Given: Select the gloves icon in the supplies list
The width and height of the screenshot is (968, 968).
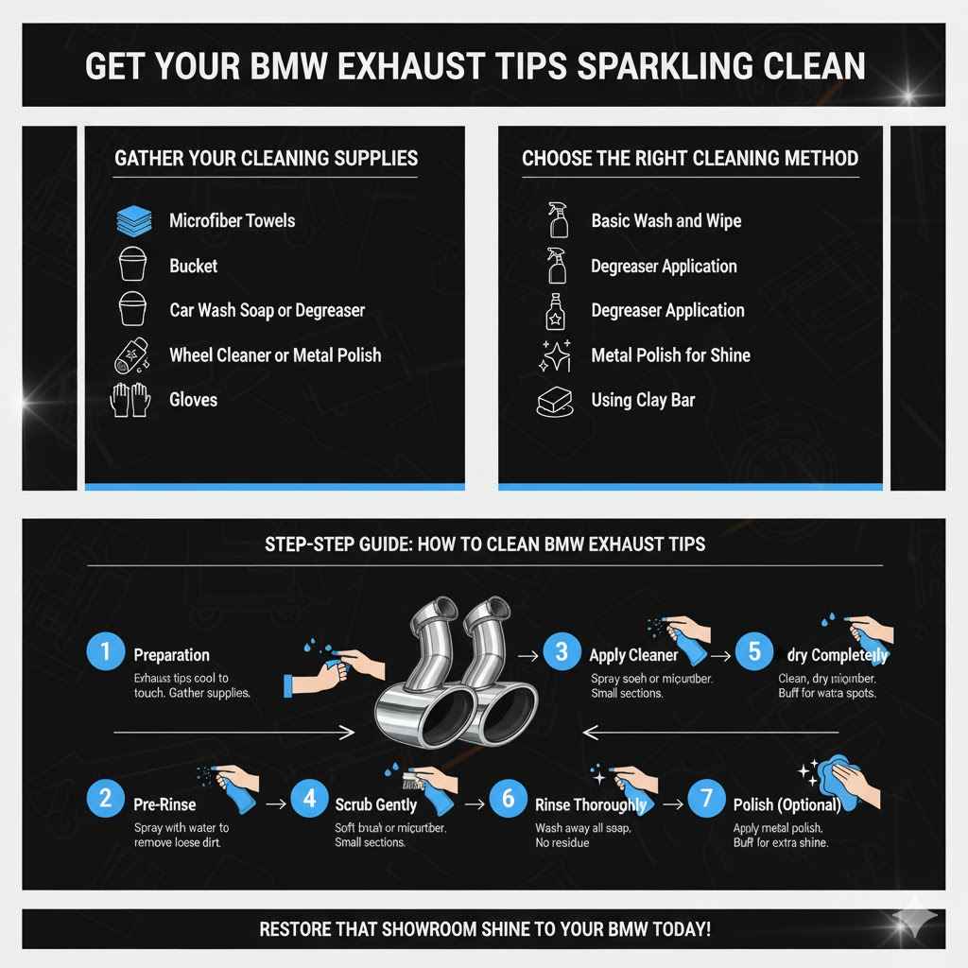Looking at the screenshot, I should (130, 400).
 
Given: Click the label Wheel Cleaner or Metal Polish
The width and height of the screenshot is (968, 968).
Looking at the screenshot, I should (275, 355).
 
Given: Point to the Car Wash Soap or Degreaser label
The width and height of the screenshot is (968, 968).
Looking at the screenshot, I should (267, 310).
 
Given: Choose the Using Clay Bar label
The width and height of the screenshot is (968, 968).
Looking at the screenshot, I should (643, 400).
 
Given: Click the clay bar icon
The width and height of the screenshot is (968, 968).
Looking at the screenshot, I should (555, 402).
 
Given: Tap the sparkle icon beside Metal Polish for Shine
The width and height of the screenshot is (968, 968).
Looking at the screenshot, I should (555, 356).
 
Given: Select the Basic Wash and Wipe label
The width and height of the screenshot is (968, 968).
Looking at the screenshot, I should (665, 221).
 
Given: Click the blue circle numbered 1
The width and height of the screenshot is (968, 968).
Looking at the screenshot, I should (106, 652).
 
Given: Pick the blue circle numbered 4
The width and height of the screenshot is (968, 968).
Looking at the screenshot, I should (309, 799).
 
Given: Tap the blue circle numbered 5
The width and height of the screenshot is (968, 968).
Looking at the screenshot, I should (753, 652).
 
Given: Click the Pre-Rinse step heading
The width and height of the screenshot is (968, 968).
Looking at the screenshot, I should (164, 804).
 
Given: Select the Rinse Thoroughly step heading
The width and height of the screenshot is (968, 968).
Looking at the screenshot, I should (591, 804).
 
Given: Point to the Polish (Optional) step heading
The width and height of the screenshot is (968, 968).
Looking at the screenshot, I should (786, 804).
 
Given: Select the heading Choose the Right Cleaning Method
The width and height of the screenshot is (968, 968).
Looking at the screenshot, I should (690, 158).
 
